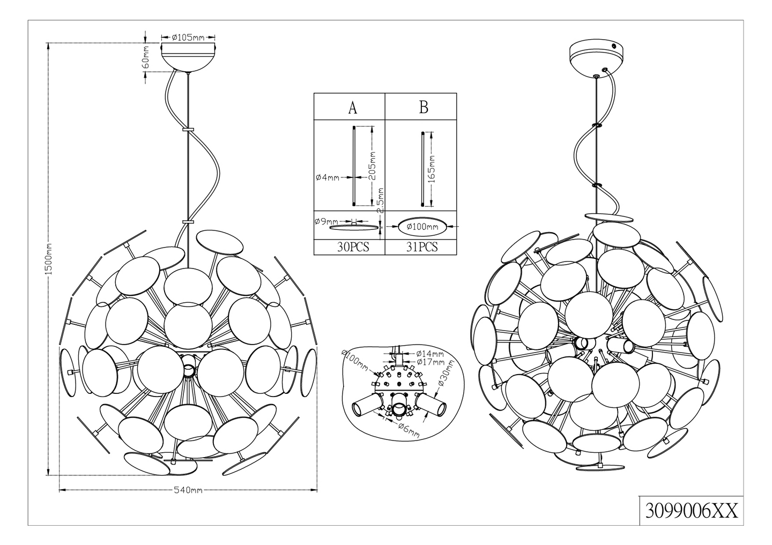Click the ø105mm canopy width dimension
click(x=188, y=37)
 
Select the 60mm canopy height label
click(x=146, y=57)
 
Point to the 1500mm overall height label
click(x=49, y=258)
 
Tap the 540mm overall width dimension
click(x=188, y=490)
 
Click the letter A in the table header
click(x=352, y=108)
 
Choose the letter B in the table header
click(x=424, y=108)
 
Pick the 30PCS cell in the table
click(x=353, y=247)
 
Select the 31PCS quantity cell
click(x=422, y=247)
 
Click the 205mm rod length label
click(x=372, y=166)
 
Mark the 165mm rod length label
click(x=433, y=168)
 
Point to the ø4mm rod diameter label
click(x=328, y=177)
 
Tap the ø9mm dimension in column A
click(x=326, y=221)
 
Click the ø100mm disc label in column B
click(x=422, y=227)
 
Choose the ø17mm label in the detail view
click(x=430, y=362)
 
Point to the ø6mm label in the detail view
click(x=409, y=430)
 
